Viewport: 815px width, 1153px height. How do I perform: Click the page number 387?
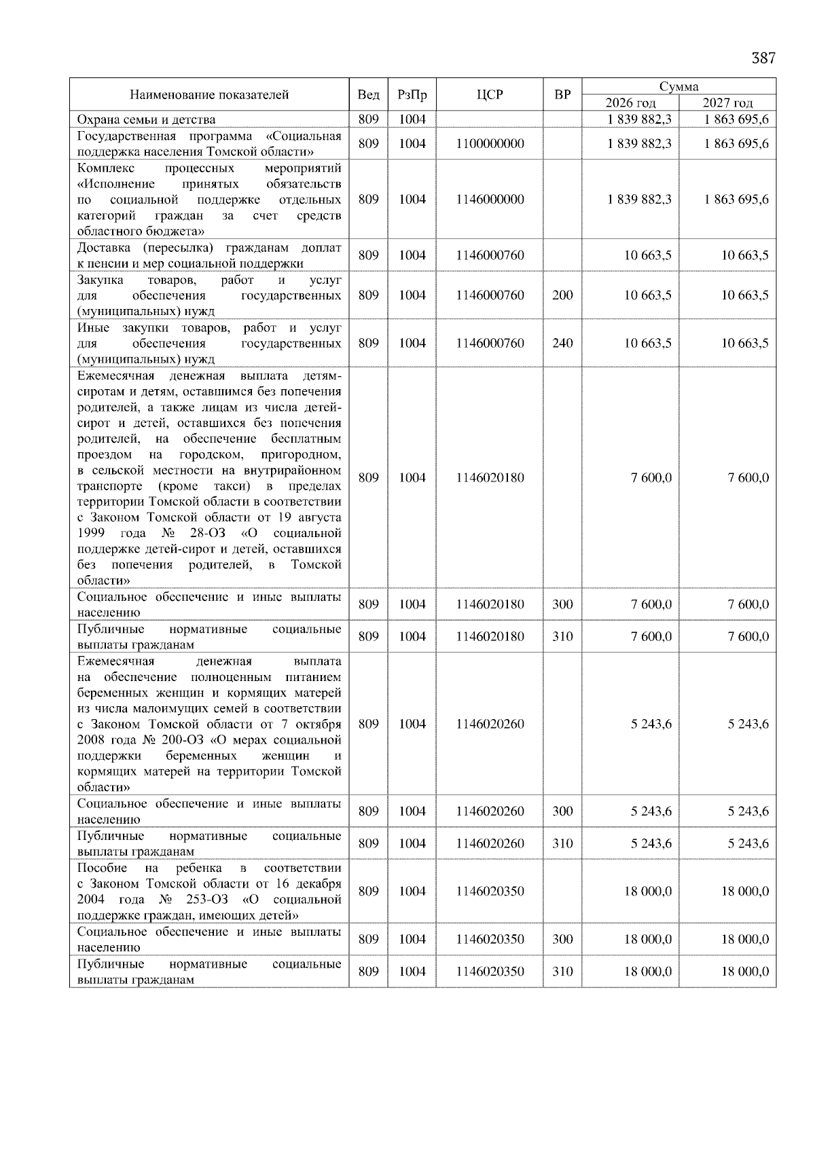click(x=763, y=58)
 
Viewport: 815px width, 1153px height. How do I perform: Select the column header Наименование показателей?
click(x=209, y=95)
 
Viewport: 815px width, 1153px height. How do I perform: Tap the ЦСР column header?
click(x=490, y=95)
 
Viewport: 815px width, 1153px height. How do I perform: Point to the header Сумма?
click(x=678, y=87)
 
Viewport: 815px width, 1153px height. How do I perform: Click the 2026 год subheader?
click(x=630, y=103)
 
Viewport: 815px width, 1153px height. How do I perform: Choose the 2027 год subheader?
click(x=727, y=103)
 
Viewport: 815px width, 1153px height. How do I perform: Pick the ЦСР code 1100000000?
click(x=490, y=144)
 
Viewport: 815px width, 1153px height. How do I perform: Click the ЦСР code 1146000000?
click(x=490, y=200)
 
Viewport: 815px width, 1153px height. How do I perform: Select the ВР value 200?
click(x=562, y=295)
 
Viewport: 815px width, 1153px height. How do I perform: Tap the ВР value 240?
click(x=562, y=344)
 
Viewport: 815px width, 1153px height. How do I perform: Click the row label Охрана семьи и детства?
click(x=146, y=120)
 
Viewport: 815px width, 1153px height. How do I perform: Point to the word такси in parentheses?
click(x=230, y=486)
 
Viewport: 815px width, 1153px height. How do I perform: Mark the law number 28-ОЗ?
click(x=208, y=534)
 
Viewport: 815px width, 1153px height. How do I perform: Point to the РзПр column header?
click(x=412, y=95)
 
